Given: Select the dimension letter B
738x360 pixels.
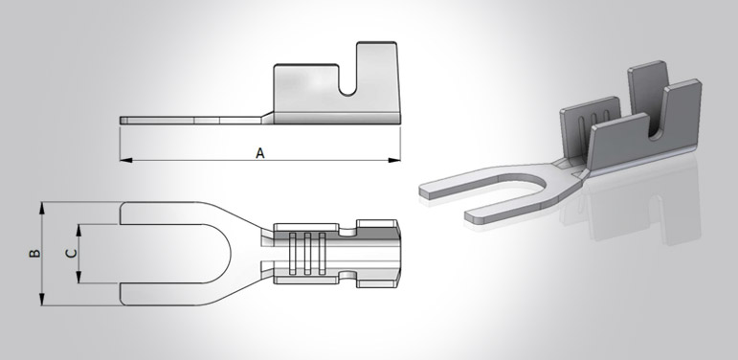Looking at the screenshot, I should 34,254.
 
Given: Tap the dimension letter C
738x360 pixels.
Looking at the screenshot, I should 68,254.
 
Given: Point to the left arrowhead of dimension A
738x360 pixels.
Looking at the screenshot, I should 123,159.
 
